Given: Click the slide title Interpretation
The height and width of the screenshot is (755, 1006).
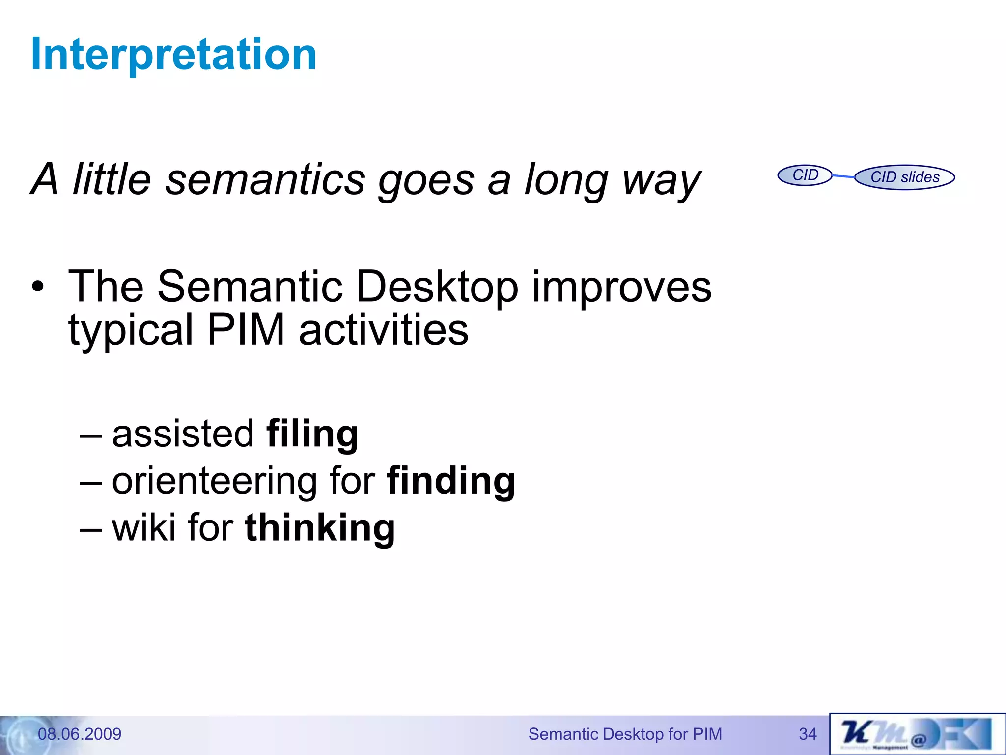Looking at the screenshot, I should pos(173,55).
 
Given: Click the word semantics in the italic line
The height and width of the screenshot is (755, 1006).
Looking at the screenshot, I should pos(265,180).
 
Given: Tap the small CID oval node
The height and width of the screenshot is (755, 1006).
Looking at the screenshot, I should pos(805,175).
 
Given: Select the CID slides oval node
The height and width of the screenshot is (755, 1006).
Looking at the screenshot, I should pos(904,177).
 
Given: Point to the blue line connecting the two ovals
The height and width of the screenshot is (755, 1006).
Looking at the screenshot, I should pos(843,176).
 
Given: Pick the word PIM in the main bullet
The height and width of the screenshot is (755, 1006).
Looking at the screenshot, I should pos(246,330).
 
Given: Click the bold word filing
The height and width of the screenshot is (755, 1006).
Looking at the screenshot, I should pos(312,434).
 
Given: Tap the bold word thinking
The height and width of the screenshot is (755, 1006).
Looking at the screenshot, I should pos(320,528).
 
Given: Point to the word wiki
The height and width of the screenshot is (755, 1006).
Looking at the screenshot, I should pos(143,527).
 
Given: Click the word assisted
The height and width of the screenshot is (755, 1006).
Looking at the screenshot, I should pos(183,434).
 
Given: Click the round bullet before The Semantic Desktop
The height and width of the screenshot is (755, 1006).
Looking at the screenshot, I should pos(38,287).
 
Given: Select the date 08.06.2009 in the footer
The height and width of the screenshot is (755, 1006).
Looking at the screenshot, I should pos(80,734).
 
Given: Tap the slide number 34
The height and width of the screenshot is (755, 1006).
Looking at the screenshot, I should pos(808,734).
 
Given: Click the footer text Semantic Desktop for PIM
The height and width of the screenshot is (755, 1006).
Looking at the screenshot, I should pos(625,734).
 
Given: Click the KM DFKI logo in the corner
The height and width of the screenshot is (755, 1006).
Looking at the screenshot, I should pos(917,734).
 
